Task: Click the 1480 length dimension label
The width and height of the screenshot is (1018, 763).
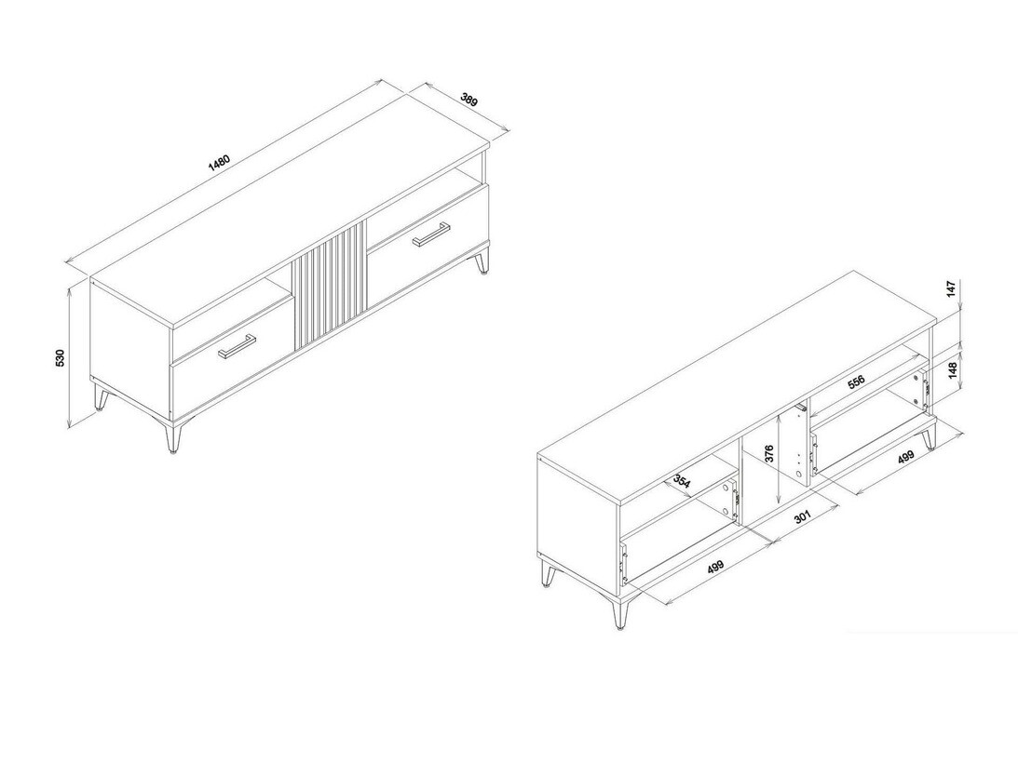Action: (220, 160)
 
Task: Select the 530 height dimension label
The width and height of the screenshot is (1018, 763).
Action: (60, 358)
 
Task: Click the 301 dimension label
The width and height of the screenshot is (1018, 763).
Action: (803, 518)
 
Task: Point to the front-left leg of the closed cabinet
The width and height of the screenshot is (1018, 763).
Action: (172, 438)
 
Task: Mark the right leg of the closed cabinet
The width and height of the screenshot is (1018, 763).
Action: (482, 262)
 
